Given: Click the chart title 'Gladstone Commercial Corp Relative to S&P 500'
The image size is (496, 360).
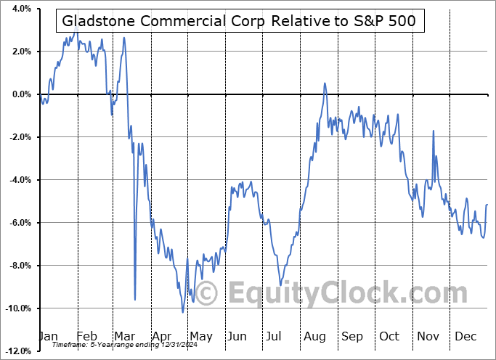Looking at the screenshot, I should coord(238,21).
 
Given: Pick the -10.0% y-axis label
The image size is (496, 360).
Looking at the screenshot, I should coord(17,308).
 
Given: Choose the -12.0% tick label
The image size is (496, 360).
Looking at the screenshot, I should coord(17,351).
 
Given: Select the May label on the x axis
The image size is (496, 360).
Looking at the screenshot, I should coord(200,336).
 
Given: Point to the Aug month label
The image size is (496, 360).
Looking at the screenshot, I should coord(314,336).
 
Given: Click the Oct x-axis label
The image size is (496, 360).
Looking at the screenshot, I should coord(389,336).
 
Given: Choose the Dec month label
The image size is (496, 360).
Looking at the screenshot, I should coord(465,336).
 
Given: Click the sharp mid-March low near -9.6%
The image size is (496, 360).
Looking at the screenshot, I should coord(135,299).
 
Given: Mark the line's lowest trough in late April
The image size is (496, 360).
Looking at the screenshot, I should coord(183,312).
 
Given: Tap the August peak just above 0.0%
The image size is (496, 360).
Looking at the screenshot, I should coord(325,83).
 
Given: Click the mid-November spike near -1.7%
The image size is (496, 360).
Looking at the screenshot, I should coord(433,131).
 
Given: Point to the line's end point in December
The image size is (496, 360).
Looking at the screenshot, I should coord(487,205).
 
